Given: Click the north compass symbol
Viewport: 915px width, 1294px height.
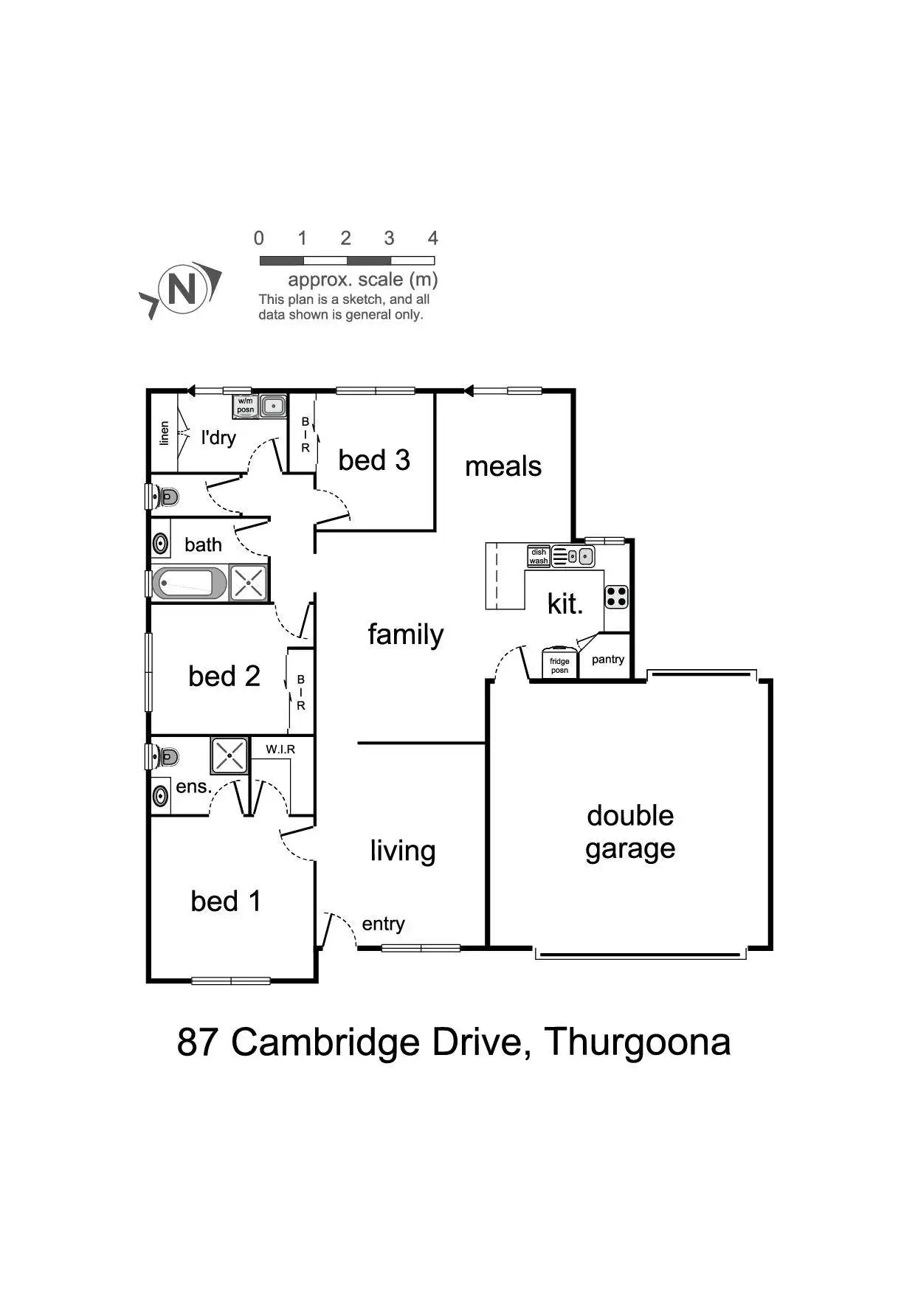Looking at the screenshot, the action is (182, 288).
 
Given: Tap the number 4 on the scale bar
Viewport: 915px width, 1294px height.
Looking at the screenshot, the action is (432, 238).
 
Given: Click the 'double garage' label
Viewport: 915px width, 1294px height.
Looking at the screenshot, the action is (630, 832).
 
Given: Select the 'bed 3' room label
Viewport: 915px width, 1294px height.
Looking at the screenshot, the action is (374, 460).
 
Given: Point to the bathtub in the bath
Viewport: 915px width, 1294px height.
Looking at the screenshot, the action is (189, 583).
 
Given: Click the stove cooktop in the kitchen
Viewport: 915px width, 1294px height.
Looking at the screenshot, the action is (616, 597).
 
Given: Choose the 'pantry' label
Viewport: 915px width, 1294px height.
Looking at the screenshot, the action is (608, 660).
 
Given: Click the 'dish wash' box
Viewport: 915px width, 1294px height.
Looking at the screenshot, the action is (539, 556).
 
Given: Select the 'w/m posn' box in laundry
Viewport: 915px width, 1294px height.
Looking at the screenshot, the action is (246, 406).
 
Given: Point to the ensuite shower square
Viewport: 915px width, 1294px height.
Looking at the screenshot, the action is (229, 755).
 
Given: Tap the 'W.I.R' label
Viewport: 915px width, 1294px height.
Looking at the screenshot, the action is (280, 750).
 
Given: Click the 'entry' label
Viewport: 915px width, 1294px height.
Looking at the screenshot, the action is (383, 924).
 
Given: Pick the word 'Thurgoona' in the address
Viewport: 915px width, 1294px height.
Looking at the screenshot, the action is (638, 1042).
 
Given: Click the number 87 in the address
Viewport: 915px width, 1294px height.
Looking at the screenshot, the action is (198, 1042).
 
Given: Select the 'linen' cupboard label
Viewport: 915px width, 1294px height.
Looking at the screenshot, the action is (165, 433).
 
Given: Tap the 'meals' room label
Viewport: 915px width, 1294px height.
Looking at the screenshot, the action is (503, 466).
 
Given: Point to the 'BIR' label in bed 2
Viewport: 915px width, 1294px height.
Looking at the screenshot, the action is (301, 692).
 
